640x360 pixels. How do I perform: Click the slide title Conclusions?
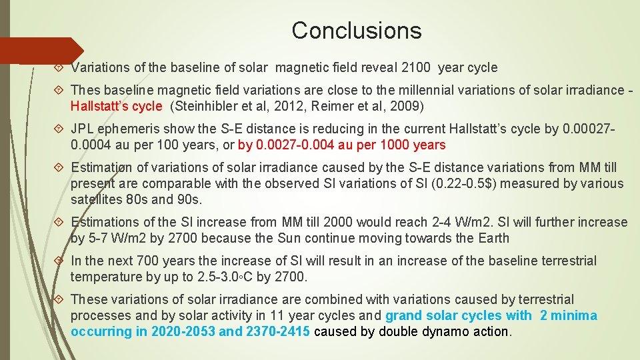pyautogui.click(x=357, y=31)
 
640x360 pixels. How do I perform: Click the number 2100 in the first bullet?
pyautogui.click(x=423, y=67)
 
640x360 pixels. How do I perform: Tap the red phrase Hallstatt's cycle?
pyautogui.click(x=117, y=106)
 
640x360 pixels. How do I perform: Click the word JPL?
pyautogui.click(x=83, y=129)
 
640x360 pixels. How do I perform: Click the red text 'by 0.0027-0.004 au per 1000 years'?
pyautogui.click(x=341, y=145)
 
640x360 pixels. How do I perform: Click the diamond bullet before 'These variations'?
pyautogui.click(x=59, y=300)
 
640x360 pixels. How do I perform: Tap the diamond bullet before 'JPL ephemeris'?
pyautogui.click(x=59, y=129)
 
